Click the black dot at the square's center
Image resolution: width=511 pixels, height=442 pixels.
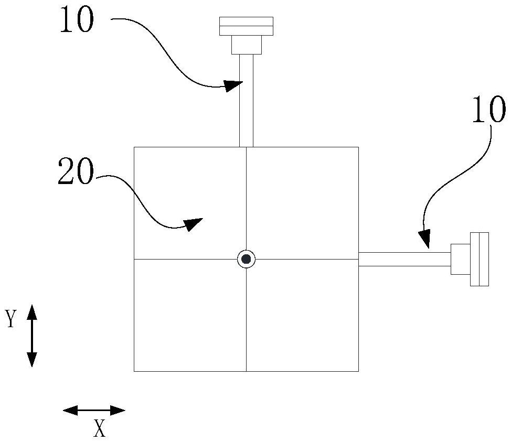[246, 259]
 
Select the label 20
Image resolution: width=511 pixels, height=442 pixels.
[76, 171]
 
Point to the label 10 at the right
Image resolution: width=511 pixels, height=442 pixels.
[488, 111]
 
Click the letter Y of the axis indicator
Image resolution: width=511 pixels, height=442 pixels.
[10, 319]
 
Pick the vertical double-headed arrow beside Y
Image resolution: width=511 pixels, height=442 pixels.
[32, 336]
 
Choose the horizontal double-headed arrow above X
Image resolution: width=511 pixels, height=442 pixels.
[94, 410]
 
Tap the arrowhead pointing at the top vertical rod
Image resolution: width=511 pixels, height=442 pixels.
[233, 85]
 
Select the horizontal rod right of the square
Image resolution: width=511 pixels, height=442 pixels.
[404, 259]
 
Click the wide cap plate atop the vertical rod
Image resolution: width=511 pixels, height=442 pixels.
[246, 26]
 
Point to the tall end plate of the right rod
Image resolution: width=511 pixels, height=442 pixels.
[480, 259]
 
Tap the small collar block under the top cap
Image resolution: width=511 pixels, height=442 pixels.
[246, 45]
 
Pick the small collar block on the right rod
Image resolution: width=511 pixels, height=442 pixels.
[460, 259]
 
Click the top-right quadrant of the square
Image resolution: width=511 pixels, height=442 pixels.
[302, 203]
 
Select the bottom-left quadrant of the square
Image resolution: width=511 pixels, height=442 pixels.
[190, 315]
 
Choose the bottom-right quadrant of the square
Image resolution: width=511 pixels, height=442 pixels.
[302, 315]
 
